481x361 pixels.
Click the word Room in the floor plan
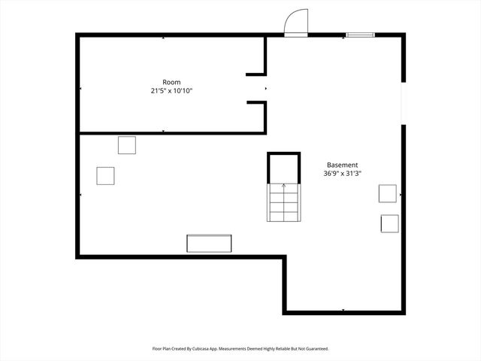(171, 82)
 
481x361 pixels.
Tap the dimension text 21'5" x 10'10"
(171, 91)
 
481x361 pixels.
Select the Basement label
(342, 165)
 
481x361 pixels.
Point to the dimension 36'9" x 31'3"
(342, 174)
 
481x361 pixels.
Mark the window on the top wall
(359, 34)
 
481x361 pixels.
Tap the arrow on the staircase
(284, 186)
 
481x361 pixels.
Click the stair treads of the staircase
(284, 205)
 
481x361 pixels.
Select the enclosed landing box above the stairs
(284, 167)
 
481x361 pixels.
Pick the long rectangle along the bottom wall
(210, 244)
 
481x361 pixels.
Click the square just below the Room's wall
(127, 144)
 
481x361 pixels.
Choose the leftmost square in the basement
(105, 175)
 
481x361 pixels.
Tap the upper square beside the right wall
(388, 193)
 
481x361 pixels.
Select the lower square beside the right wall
(390, 223)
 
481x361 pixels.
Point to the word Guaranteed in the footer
(315, 349)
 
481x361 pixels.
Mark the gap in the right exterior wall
(404, 103)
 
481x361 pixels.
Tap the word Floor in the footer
(157, 349)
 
